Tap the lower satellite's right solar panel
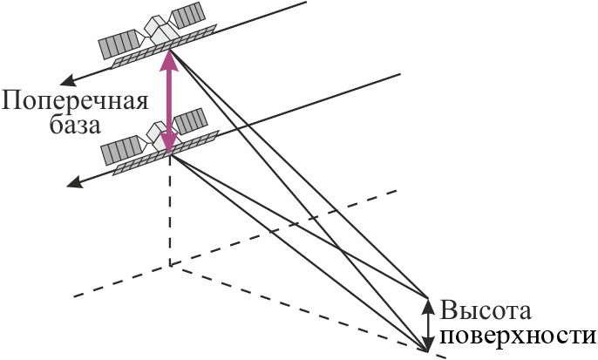coord(190,120)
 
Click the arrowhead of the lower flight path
coord(74,183)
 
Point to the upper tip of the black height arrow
coord(428,300)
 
